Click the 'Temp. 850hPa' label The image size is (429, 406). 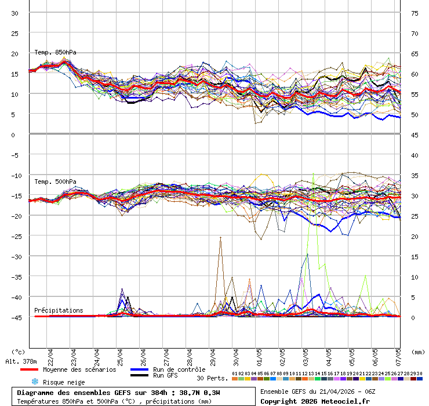[55, 52]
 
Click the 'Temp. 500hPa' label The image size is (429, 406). [55, 182]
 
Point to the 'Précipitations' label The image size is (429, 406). [59, 310]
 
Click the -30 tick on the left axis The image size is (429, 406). [16, 256]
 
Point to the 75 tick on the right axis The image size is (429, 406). [415, 13]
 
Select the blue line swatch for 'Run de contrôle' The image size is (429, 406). [139, 369]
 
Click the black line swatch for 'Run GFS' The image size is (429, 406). [139, 376]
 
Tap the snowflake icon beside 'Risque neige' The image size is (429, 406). [34, 382]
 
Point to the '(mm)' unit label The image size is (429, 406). [418, 351]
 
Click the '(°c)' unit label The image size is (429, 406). [19, 351]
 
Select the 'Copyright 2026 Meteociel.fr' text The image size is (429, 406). [315, 401]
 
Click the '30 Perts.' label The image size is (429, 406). [212, 378]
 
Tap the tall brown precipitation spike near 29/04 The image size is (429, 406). [220, 238]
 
